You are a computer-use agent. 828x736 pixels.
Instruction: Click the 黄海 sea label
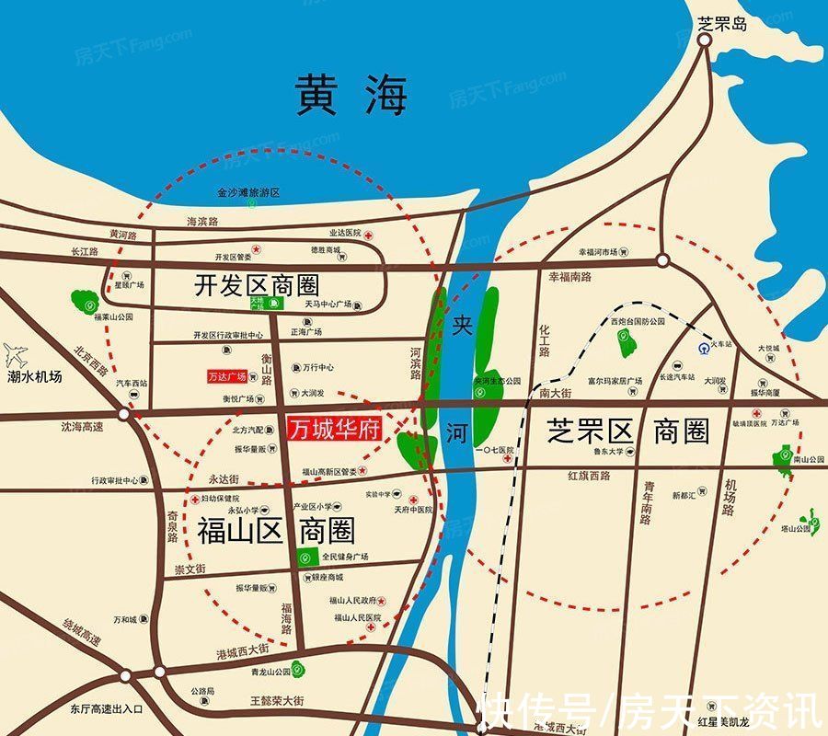(351, 95)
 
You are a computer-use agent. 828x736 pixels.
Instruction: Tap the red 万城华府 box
(335, 429)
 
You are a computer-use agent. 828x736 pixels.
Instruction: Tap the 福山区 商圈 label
(276, 531)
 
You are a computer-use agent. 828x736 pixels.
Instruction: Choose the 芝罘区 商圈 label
(628, 431)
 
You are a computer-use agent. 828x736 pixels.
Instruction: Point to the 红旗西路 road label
(590, 476)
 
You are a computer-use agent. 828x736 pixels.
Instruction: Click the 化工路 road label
(545, 339)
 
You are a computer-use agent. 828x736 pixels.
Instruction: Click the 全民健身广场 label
(345, 558)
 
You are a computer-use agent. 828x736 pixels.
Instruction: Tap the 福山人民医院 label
(354, 617)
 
